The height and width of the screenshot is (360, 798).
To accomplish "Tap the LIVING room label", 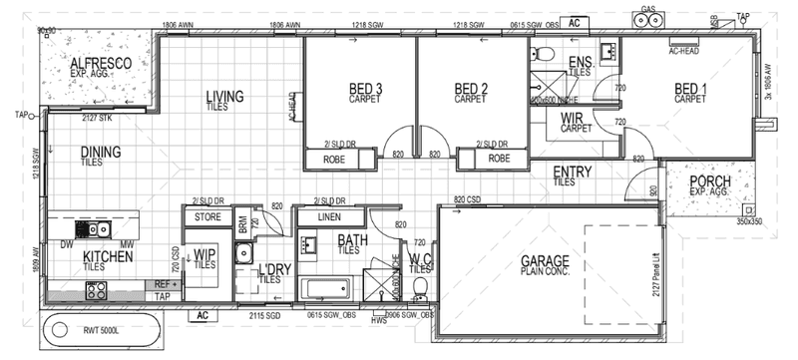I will point(225,97).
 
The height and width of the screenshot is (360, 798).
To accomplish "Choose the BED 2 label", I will point(469,90).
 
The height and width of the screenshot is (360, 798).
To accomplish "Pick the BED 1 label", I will point(689,90).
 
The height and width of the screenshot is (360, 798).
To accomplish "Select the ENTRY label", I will point(573,173).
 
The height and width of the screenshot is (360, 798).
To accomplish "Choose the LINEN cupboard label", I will point(330,215).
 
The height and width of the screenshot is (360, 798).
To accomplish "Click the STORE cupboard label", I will point(206,215).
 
